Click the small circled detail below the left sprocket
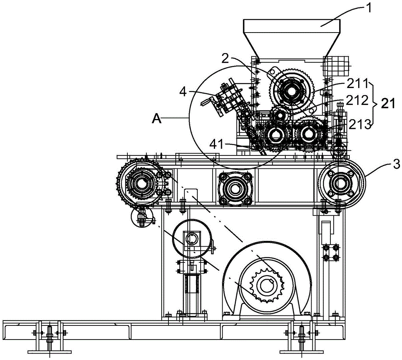tap(142, 217)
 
